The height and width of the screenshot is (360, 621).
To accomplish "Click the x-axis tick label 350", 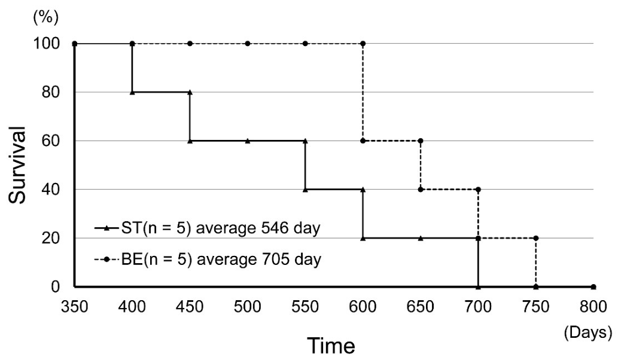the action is click(74, 307).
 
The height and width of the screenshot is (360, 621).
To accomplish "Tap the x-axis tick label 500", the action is click(248, 307).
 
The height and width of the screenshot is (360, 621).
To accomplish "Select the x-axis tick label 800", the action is click(593, 307).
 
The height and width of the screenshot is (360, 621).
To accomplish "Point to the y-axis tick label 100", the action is click(46, 44).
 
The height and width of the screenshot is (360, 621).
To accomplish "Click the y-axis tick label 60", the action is click(51, 141).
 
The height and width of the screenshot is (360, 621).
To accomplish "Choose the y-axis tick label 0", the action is click(56, 286).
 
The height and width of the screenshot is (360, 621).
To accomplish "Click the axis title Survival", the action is click(17, 165).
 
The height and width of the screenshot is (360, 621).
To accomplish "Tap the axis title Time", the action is click(331, 345).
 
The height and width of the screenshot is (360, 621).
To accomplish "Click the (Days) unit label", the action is click(587, 332).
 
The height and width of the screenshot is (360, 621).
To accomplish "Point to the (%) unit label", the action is click(46, 18).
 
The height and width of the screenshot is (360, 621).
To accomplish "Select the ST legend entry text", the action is click(221, 228).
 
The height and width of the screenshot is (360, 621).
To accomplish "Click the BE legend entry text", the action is click(221, 260).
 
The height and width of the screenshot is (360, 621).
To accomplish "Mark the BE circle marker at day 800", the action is click(593, 286).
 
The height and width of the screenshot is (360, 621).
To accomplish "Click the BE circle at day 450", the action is click(190, 44).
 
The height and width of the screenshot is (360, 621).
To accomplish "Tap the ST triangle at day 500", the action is click(248, 141).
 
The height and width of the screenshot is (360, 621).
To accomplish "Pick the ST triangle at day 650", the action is click(421, 238).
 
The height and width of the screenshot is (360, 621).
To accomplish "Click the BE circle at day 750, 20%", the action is click(536, 238).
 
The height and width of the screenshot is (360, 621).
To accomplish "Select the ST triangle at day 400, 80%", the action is click(132, 92).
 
